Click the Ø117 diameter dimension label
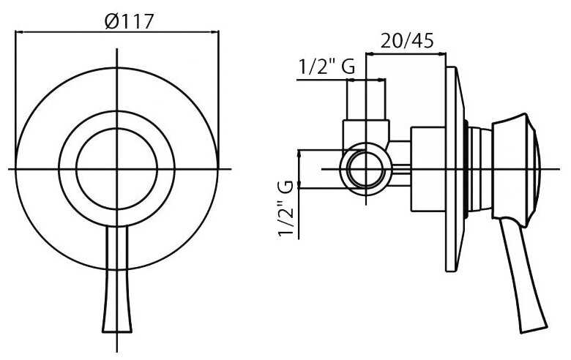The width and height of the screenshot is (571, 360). pos(129,21)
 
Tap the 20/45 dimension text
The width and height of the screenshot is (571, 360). pos(407,40)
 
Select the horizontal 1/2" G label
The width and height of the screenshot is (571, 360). pos(326,67)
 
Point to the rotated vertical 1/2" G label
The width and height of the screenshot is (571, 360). pos(285,208)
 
